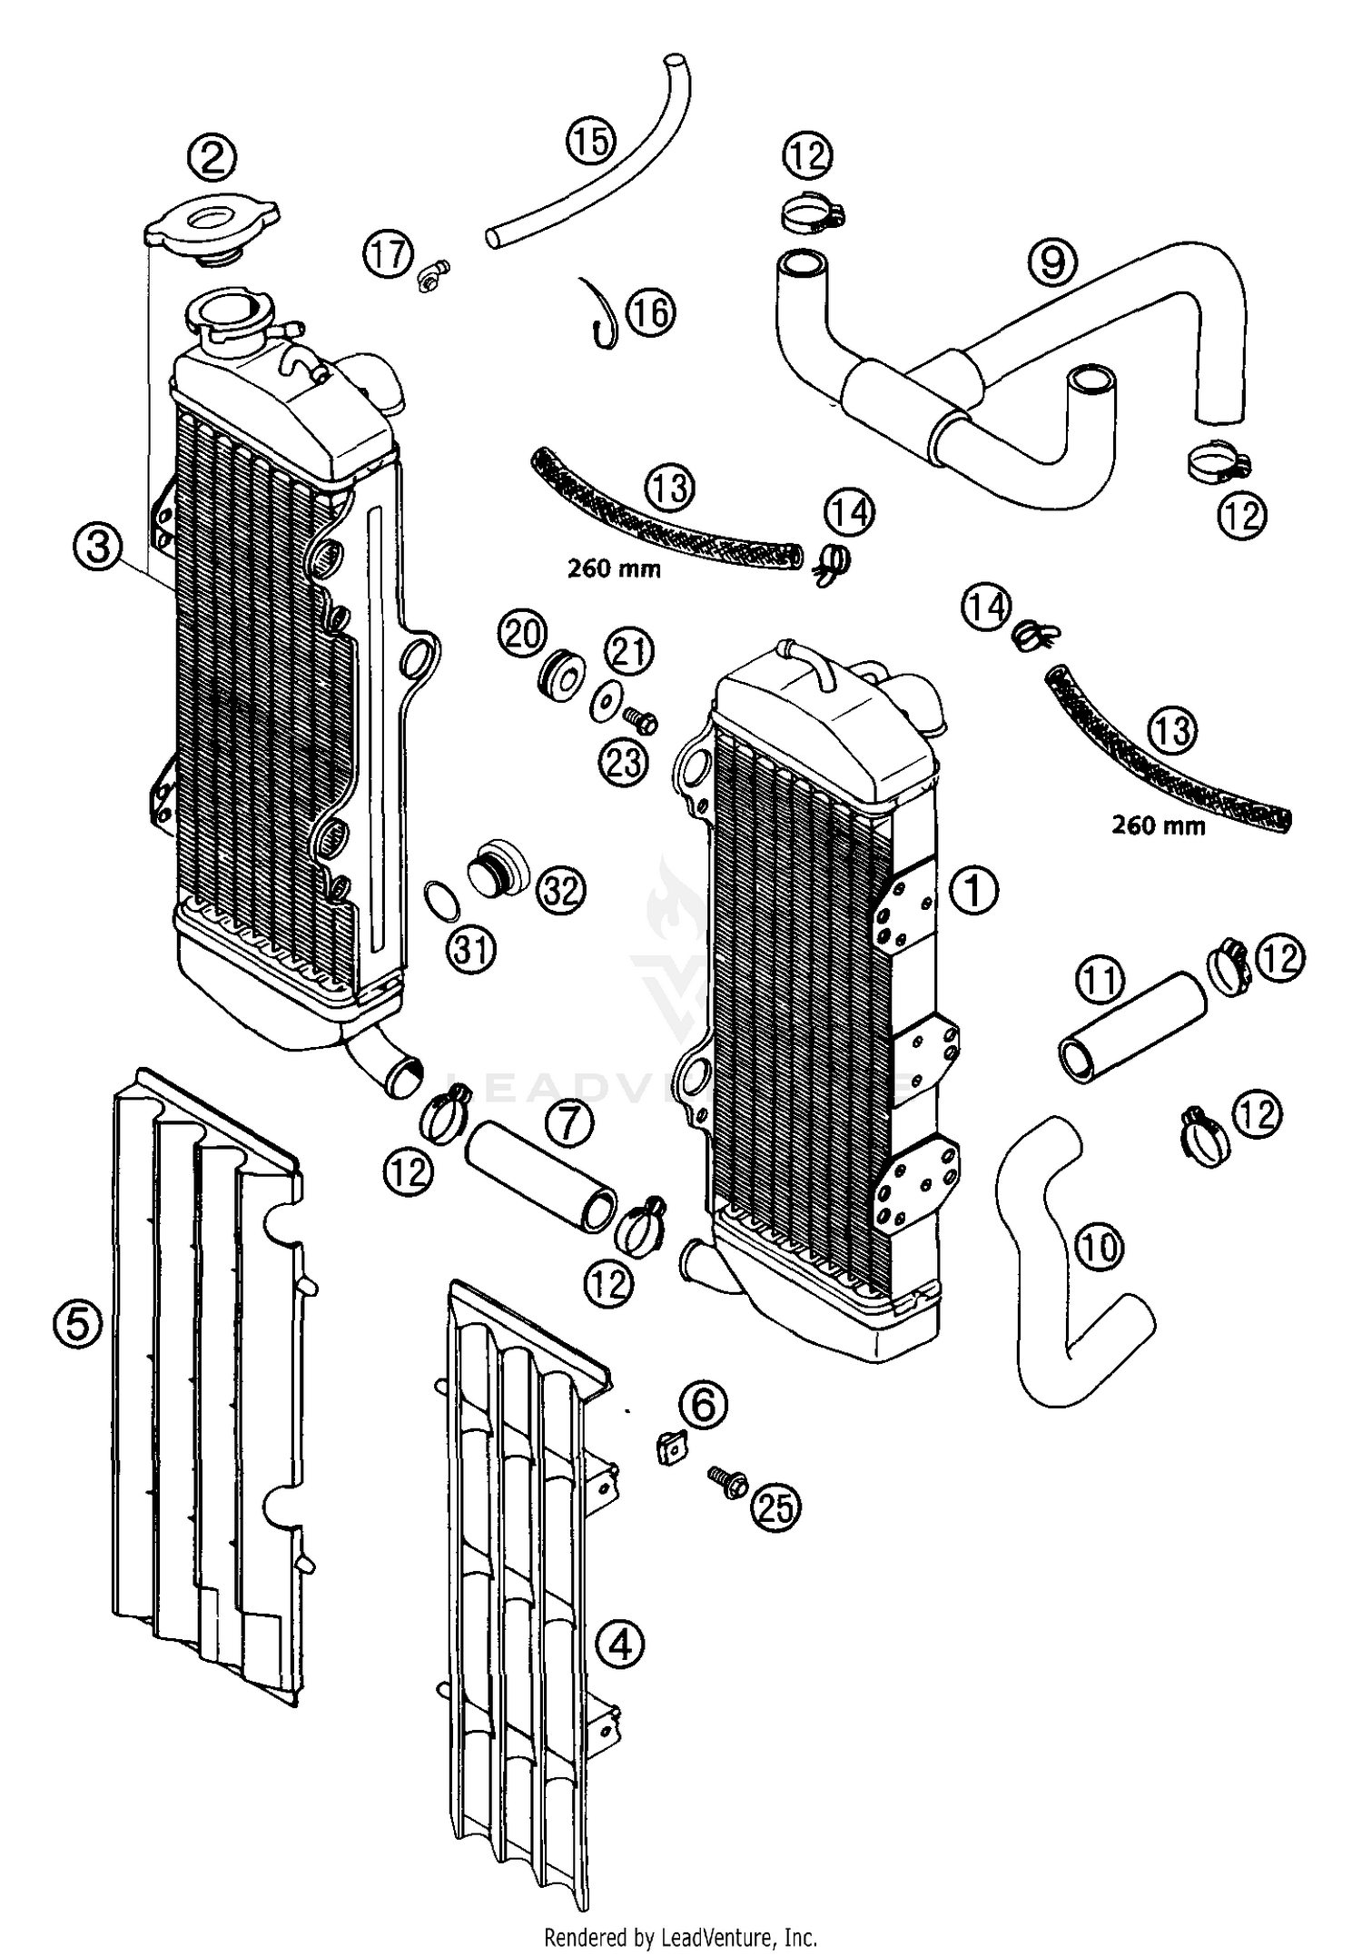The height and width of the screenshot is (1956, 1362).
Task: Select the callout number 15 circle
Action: click(591, 142)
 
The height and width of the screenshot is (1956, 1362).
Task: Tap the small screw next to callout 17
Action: click(434, 273)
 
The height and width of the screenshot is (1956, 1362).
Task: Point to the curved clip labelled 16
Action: click(600, 311)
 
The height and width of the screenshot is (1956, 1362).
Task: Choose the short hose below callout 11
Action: click(1131, 1027)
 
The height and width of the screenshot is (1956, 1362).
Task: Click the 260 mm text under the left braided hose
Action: click(614, 569)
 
